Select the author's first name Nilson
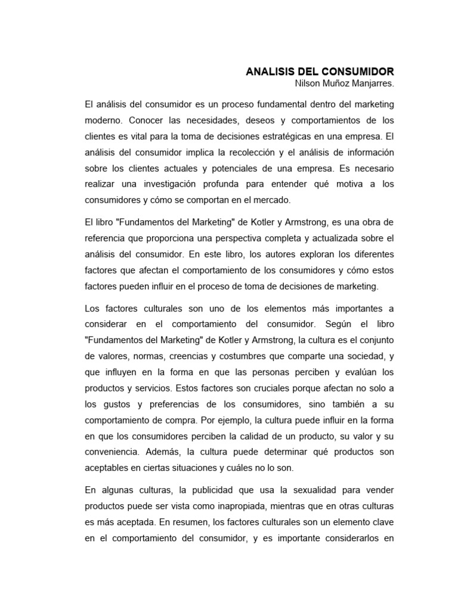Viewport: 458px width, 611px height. [x=300, y=84]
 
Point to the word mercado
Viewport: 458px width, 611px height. [x=271, y=200]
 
